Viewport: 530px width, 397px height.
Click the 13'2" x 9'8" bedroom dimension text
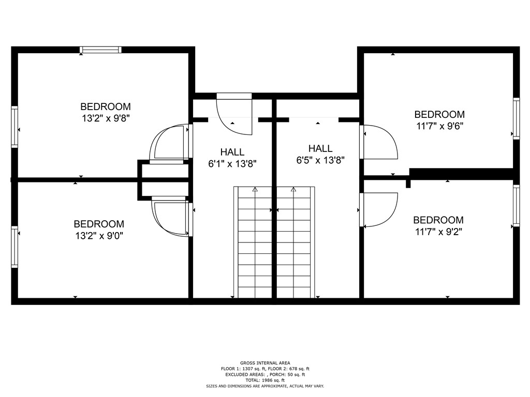point(106,118)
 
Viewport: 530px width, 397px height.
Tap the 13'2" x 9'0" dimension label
point(99,236)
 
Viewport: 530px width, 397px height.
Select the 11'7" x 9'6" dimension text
point(439,126)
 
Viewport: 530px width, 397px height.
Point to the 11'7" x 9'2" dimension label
point(438,232)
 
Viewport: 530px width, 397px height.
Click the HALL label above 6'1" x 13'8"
point(232,152)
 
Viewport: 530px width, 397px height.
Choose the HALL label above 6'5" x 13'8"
point(320,148)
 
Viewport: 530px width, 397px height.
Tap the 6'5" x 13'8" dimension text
point(320,160)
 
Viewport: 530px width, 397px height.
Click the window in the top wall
point(100,50)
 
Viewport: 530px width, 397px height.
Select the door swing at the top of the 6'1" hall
point(234,114)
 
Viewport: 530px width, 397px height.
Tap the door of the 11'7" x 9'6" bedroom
point(378,142)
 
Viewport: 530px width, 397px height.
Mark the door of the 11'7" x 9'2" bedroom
point(378,210)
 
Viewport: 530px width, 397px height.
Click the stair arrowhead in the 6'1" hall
point(255,190)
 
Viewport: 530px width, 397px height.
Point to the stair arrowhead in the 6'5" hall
point(293,190)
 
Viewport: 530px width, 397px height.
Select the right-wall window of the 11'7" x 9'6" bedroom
point(516,118)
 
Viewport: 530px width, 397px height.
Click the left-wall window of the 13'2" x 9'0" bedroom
point(14,247)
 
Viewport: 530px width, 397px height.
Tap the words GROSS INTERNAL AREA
point(265,363)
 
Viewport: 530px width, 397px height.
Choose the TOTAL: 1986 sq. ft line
point(265,380)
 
